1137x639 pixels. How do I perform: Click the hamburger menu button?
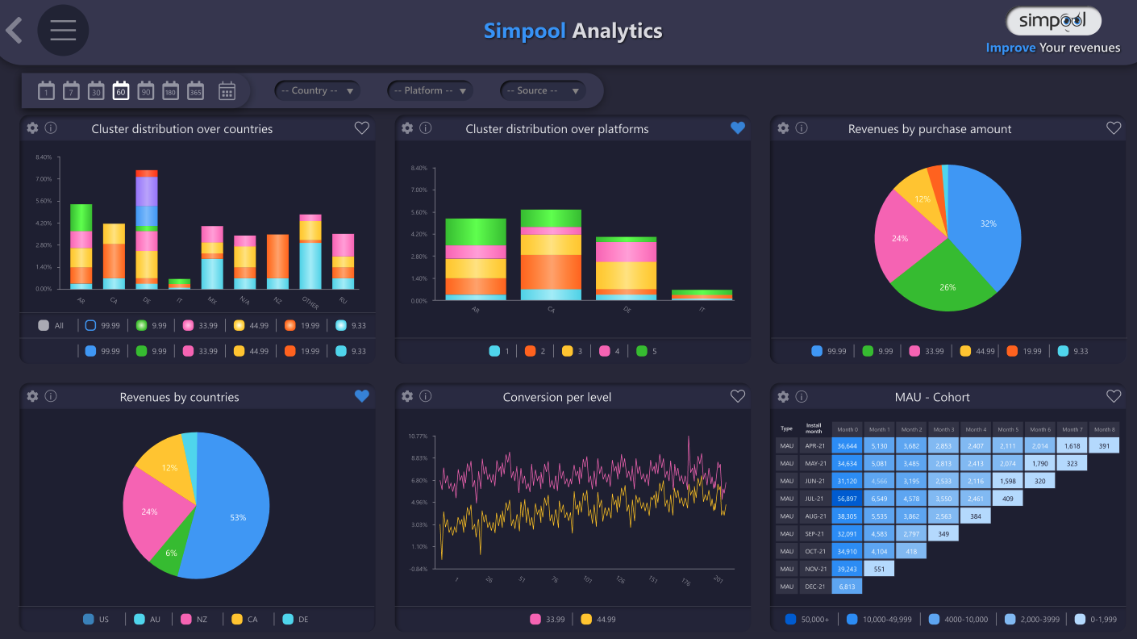[x=63, y=31]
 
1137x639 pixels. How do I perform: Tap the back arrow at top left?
[x=14, y=31]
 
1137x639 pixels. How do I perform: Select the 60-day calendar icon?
[x=121, y=90]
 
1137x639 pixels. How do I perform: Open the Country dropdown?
[x=317, y=91]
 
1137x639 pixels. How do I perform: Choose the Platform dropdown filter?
[x=430, y=91]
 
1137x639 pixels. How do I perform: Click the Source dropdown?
[x=543, y=91]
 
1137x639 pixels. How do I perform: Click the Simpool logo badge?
[x=1053, y=21]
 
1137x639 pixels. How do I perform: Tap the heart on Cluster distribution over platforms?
[x=737, y=127]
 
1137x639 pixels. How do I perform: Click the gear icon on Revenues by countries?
[x=32, y=396]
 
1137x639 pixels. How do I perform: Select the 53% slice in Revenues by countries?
[x=234, y=516]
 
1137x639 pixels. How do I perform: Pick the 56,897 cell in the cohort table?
[x=847, y=499]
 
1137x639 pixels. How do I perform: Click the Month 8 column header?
[x=1104, y=429]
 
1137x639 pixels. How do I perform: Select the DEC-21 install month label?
[x=814, y=587]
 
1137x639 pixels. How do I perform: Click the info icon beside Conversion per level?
[x=426, y=396]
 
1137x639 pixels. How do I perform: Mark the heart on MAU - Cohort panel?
[x=1114, y=396]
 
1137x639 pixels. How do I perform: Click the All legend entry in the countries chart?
[x=51, y=326]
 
